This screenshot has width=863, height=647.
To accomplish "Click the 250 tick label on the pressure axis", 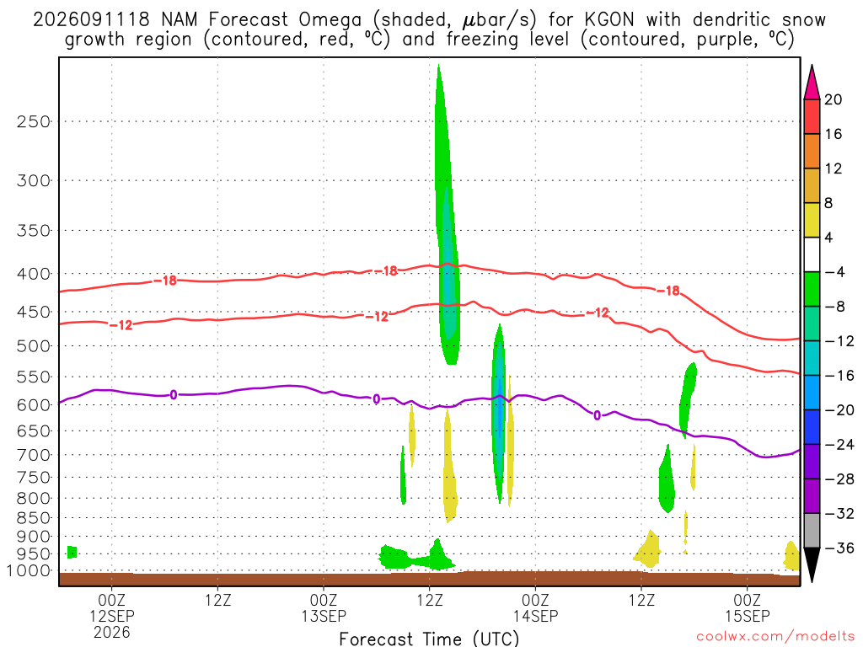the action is [34, 121].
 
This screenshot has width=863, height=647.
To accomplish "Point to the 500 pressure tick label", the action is [34, 346].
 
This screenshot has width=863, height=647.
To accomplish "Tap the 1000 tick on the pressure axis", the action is [29, 571].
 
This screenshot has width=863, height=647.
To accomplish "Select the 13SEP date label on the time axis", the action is [324, 616].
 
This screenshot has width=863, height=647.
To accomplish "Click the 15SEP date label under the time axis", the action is [748, 616].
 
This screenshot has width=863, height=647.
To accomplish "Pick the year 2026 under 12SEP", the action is [112, 633].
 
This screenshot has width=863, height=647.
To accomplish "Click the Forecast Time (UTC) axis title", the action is [429, 639].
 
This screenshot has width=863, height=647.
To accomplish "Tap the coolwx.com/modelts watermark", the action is [776, 637].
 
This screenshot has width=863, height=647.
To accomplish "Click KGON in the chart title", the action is [609, 20].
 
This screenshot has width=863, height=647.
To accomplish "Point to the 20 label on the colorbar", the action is [834, 99].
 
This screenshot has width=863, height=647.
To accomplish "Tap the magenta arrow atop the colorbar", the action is [812, 82].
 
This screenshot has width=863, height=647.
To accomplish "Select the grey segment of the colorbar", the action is [812, 531].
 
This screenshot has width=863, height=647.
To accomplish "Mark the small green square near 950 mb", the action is [72, 552].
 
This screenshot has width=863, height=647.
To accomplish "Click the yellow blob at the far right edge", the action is [791, 556].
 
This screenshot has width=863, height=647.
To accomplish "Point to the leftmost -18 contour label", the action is [165, 281].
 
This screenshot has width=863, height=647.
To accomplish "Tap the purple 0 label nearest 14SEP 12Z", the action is [598, 415].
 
